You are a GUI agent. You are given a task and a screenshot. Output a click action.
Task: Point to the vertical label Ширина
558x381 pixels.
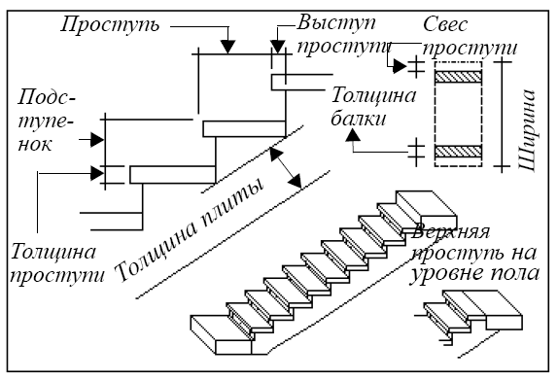pyautogui.click(x=529, y=131)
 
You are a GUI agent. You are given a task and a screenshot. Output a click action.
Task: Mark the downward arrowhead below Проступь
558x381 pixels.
pyautogui.click(x=228, y=45)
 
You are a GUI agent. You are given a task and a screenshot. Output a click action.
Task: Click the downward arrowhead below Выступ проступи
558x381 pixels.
pyautogui.click(x=277, y=45)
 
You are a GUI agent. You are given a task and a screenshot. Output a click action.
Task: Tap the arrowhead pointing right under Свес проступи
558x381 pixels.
pyautogui.click(x=400, y=66)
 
